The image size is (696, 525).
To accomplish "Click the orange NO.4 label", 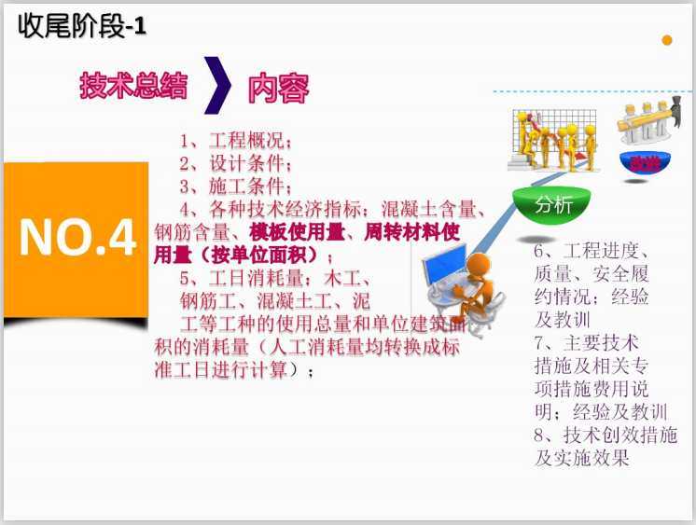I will [x=77, y=239].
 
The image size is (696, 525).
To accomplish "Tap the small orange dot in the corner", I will [x=667, y=40].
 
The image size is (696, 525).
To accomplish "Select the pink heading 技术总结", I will [x=133, y=86].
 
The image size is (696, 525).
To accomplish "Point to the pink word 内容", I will [x=278, y=89].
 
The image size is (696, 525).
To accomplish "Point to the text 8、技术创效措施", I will [x=606, y=435].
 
